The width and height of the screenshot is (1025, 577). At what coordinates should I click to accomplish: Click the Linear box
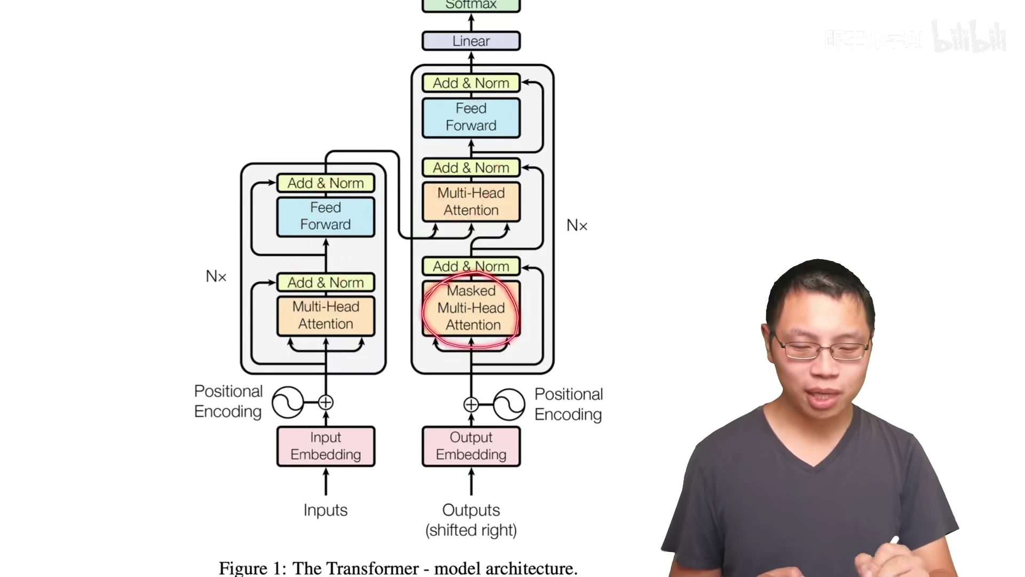[x=471, y=41]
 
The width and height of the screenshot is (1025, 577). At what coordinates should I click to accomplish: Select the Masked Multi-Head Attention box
[x=471, y=308]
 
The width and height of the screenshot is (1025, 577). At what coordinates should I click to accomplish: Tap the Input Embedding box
[x=326, y=446]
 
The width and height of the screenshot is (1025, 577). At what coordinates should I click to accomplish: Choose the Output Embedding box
[x=471, y=446]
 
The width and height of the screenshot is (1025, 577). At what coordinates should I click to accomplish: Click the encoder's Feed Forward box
[x=326, y=216]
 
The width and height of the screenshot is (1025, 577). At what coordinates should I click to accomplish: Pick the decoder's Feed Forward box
[x=471, y=117]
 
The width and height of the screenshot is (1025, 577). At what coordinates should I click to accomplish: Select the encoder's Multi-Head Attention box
[x=326, y=316]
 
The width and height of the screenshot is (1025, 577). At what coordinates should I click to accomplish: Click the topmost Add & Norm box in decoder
[x=471, y=83]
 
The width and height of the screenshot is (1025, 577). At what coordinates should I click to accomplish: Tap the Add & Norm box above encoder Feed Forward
[x=326, y=183]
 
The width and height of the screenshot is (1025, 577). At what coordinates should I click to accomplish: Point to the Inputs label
[x=325, y=510]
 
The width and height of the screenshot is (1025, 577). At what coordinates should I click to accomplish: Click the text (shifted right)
[x=471, y=531]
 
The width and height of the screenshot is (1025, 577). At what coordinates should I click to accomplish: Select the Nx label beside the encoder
[x=216, y=276]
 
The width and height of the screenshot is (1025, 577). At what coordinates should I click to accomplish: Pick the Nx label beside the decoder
[x=577, y=225]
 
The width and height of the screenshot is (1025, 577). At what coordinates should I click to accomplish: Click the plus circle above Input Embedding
[x=326, y=402]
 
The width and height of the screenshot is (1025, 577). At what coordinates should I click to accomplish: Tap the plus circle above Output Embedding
[x=471, y=404]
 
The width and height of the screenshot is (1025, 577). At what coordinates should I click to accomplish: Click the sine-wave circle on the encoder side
[x=288, y=402]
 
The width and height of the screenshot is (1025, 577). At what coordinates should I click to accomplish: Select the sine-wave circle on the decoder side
[x=509, y=404]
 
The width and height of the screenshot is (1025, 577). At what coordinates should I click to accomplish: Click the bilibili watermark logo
[x=968, y=37]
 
